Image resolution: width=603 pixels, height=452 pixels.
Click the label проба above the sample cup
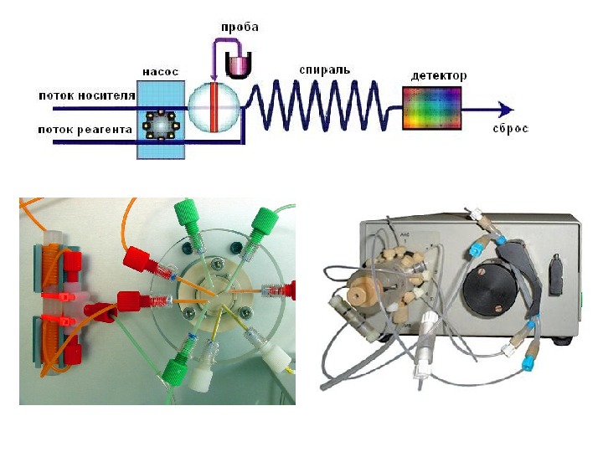(240, 28)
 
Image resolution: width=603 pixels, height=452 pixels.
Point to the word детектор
(439, 75)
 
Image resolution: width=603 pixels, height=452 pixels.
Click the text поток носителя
(86, 95)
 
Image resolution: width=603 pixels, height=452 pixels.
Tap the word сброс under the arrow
(511, 130)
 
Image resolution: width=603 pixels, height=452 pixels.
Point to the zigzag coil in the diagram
(322, 106)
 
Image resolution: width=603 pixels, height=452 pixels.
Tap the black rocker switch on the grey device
(554, 271)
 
